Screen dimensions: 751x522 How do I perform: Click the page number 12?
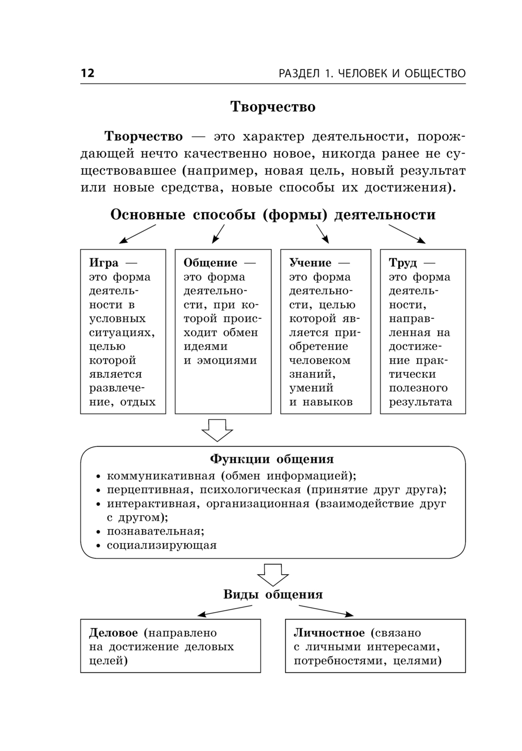[x=88, y=73]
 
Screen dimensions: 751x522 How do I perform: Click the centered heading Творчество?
[x=273, y=107]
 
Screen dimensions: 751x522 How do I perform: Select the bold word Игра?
[x=104, y=263]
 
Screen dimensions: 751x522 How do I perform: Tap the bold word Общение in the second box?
[x=210, y=263]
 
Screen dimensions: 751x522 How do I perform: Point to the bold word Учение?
[x=311, y=263]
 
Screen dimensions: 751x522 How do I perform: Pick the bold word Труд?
[x=403, y=263]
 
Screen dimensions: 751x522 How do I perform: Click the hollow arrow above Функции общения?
[x=217, y=430]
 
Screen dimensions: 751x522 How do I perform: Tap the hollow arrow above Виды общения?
[x=272, y=575]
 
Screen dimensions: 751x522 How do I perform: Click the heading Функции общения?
[x=272, y=459]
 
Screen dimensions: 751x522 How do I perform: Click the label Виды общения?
[x=273, y=594]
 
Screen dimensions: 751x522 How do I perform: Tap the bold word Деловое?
[x=113, y=633]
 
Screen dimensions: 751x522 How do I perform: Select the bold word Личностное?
[x=329, y=633]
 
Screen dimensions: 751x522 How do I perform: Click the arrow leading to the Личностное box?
[x=326, y=611]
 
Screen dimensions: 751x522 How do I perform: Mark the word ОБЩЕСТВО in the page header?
[x=435, y=74]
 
